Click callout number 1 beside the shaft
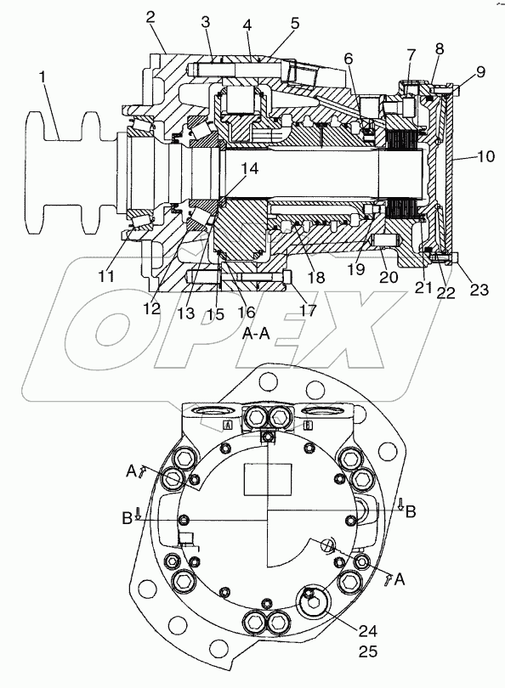pyautogui.click(x=43, y=77)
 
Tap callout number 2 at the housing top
pyautogui.click(x=150, y=17)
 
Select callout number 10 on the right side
pyautogui.click(x=485, y=156)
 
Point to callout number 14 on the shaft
pyautogui.click(x=249, y=168)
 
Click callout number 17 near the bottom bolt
pyautogui.click(x=308, y=310)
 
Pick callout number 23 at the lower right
pyautogui.click(x=479, y=289)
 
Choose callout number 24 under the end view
pyautogui.click(x=367, y=631)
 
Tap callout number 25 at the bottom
pyautogui.click(x=367, y=651)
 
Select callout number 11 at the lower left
pyautogui.click(x=105, y=276)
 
